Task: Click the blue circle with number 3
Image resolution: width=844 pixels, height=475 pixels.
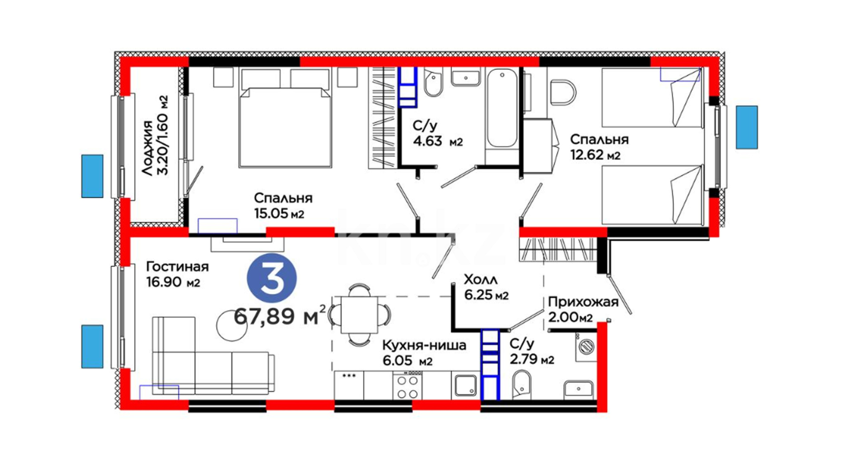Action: pyautogui.click(x=272, y=278)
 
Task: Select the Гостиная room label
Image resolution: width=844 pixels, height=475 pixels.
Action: pyautogui.click(x=177, y=267)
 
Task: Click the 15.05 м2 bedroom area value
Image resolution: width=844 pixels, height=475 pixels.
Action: pyautogui.click(x=279, y=214)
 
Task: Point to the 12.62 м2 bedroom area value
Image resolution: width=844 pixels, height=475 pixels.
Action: pyautogui.click(x=595, y=155)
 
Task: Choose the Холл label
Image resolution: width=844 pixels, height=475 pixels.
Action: pyautogui.click(x=481, y=279)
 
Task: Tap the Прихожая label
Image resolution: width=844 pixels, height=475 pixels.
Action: pyautogui.click(x=583, y=302)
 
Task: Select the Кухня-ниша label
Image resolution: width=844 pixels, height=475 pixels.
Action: pyautogui.click(x=424, y=345)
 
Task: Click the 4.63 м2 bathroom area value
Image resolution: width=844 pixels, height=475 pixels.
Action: pyautogui.click(x=438, y=141)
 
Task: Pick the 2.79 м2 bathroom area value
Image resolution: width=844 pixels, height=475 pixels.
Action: pyautogui.click(x=532, y=359)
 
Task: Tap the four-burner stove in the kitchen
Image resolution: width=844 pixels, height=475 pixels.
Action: pyautogui.click(x=407, y=385)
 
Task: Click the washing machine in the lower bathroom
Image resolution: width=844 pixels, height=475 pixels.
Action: pyautogui.click(x=586, y=347)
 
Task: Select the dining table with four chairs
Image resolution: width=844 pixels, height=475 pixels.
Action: pyautogui.click(x=360, y=314)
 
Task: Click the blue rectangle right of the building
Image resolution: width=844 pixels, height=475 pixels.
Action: pyautogui.click(x=747, y=127)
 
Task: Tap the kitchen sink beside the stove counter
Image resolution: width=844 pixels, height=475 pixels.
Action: pyautogui.click(x=466, y=386)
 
